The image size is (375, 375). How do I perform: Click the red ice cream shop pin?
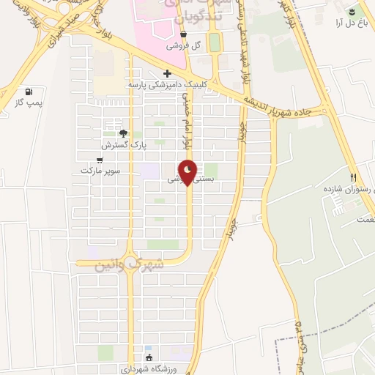pos(187,171)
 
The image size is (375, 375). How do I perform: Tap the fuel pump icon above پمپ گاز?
pos(29,92)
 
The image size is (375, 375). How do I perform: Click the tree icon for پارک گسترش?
pos(123,133)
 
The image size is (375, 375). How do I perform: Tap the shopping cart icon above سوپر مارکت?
pos(102,158)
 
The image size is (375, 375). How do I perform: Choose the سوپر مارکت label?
pos(100,170)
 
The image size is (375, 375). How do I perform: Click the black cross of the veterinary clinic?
pos(168,73)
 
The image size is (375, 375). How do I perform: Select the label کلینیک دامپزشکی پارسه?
pos(167,85)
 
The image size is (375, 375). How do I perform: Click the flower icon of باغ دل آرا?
pos(353,10)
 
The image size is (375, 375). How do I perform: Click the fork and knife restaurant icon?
pos(353,177)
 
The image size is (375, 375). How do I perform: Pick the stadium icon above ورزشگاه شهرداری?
pos(149,357)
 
